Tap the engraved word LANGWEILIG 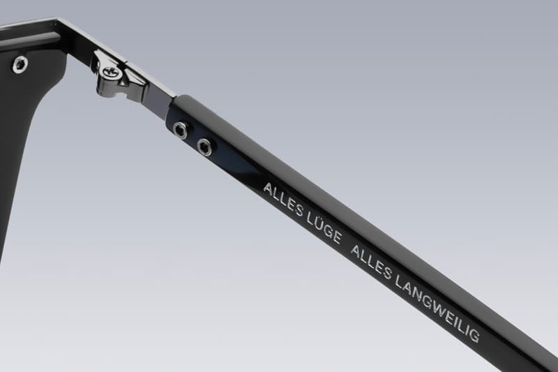(x=437, y=305)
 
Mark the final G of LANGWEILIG (x=475, y=335)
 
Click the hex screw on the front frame (x=20, y=65)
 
